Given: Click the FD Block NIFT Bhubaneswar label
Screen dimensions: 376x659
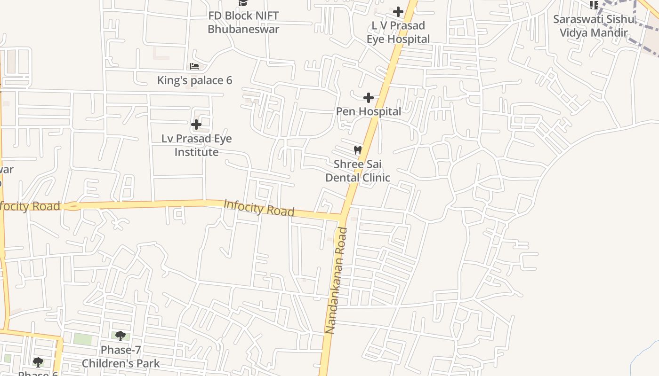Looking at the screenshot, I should point(243,22).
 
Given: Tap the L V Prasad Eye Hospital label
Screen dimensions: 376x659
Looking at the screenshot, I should point(398,32).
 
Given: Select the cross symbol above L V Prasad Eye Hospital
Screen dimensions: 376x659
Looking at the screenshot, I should point(398,11).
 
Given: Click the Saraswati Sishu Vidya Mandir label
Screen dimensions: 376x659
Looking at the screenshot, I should point(594,26).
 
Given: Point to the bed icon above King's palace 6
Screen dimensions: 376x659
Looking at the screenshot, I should point(194,66).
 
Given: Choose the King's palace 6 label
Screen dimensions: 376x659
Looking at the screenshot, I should point(194,80).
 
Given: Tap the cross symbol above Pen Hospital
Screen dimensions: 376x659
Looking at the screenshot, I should point(369,98).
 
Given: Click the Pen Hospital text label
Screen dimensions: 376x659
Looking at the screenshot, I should point(369,111).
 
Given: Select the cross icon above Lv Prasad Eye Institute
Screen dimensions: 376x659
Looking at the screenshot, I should point(196,125).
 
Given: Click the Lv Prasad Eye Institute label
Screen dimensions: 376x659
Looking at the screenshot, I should point(196,145).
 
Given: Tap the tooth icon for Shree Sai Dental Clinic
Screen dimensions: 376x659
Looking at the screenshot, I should point(358,150).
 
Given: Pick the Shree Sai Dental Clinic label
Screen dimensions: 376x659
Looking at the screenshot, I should point(358,171).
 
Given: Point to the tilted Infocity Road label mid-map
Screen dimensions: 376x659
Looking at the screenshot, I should point(259,208).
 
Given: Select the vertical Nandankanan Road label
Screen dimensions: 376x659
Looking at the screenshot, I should point(338,281).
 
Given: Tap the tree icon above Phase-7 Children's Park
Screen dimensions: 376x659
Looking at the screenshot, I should point(121,336).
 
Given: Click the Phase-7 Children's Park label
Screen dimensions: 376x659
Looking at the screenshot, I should point(121,357).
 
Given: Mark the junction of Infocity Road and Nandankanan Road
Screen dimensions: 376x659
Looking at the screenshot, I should point(343,217).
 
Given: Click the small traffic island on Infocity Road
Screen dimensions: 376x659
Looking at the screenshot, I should point(72,206).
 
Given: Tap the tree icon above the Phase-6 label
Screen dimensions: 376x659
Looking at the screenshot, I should point(38,362).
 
